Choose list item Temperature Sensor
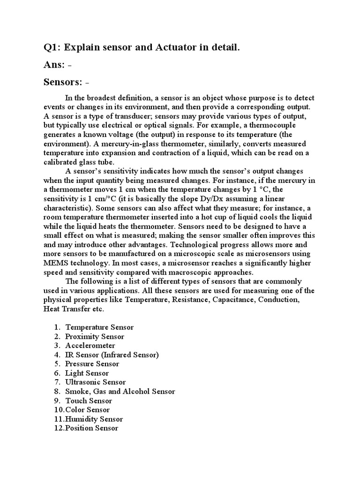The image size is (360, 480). [x=99, y=327]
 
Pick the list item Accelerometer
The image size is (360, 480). [x=90, y=345]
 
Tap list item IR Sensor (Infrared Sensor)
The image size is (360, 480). [x=112, y=355]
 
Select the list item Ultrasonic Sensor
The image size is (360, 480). [x=96, y=382]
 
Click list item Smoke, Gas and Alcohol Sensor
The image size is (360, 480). [x=120, y=391]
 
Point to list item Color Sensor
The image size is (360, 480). [x=87, y=410]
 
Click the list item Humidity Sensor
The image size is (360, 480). [x=95, y=419]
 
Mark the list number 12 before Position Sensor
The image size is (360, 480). [x=58, y=428]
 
